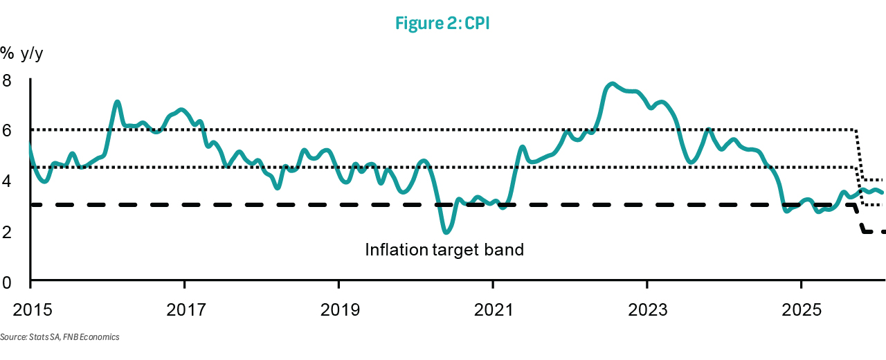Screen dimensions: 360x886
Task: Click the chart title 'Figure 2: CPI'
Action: click(443, 22)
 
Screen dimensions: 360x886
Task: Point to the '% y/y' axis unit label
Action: click(26, 53)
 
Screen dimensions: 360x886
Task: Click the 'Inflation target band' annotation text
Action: click(444, 249)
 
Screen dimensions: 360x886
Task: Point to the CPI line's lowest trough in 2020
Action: click(447, 231)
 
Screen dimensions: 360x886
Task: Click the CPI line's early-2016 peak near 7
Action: click(118, 102)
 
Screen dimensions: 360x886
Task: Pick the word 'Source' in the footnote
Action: click(13, 337)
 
